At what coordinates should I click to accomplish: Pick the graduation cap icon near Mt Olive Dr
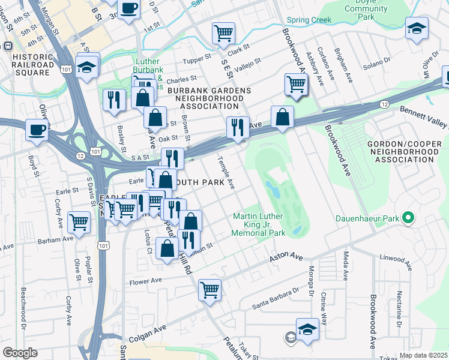point(416,28)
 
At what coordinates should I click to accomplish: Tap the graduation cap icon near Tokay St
point(307,329)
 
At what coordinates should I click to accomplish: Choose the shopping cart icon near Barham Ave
point(79,223)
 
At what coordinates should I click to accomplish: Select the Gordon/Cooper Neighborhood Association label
point(402,145)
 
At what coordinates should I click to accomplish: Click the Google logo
point(20,353)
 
